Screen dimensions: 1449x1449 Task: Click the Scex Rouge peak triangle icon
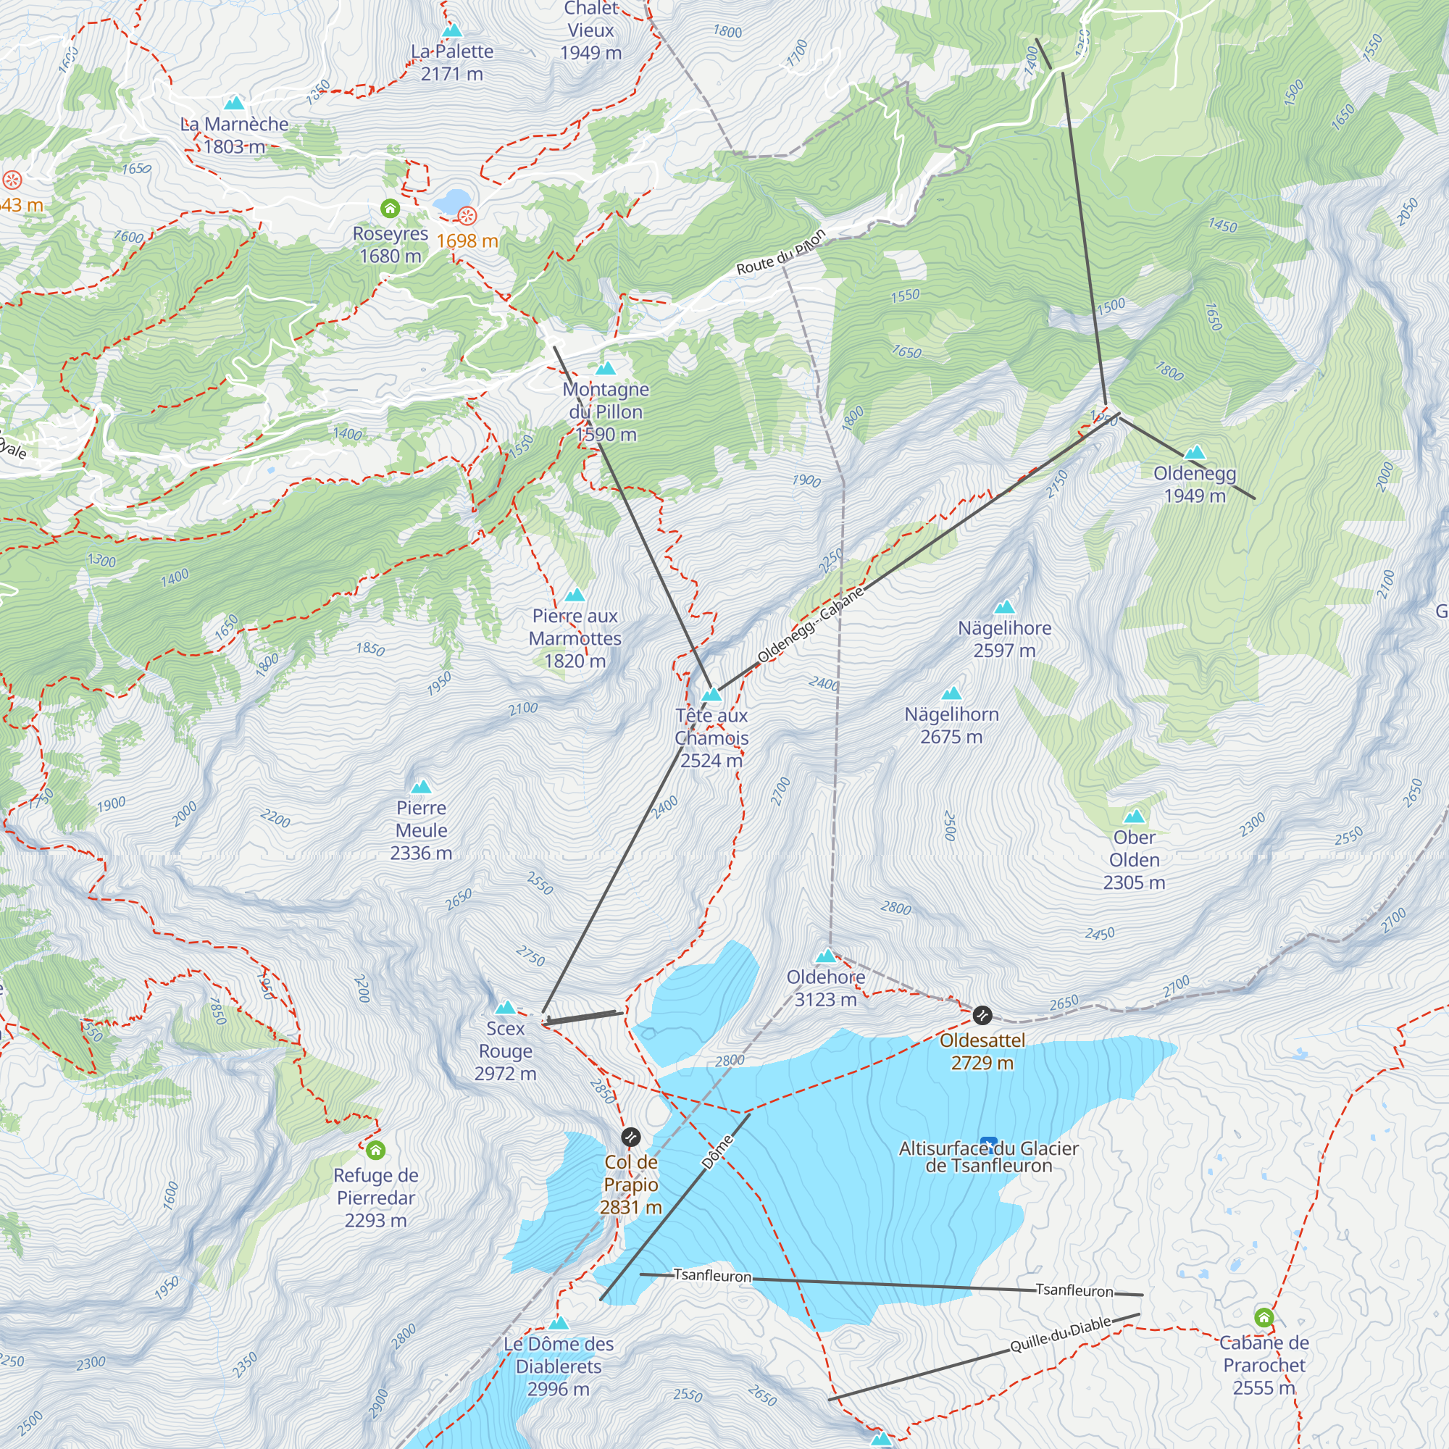pyautogui.click(x=506, y=1007)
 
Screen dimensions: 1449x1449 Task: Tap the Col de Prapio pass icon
pyautogui.click(x=632, y=1137)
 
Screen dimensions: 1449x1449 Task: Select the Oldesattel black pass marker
pyautogui.click(x=982, y=1016)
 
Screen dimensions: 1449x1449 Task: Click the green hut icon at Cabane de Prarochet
pyautogui.click(x=1264, y=1317)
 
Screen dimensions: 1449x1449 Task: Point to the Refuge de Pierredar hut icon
pyautogui.click(x=376, y=1149)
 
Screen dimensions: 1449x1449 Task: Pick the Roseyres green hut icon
pyautogui.click(x=390, y=208)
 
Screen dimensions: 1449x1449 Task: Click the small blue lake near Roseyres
pyautogui.click(x=450, y=201)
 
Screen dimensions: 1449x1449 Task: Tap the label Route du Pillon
pyautogui.click(x=781, y=252)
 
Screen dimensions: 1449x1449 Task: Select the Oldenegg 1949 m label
pyautogui.click(x=1194, y=485)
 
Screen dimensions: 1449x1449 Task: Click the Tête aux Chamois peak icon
pyautogui.click(x=711, y=695)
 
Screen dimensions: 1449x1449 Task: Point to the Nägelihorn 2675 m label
pyautogui.click(x=951, y=725)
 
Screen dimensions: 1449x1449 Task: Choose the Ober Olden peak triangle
pyautogui.click(x=1134, y=816)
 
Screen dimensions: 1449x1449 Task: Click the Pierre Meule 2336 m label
pyautogui.click(x=421, y=830)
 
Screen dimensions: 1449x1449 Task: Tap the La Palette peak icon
pyautogui.click(x=452, y=30)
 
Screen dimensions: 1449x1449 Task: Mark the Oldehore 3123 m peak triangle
pyautogui.click(x=826, y=956)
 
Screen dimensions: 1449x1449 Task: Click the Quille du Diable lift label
pyautogui.click(x=1060, y=1336)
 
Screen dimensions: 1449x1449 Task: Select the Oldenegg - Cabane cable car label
pyautogui.click(x=810, y=625)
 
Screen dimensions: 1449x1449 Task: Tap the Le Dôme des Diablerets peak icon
pyautogui.click(x=558, y=1323)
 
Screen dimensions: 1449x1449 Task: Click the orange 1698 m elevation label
pyautogui.click(x=467, y=241)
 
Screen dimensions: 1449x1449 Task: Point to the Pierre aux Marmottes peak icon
pyautogui.click(x=575, y=596)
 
